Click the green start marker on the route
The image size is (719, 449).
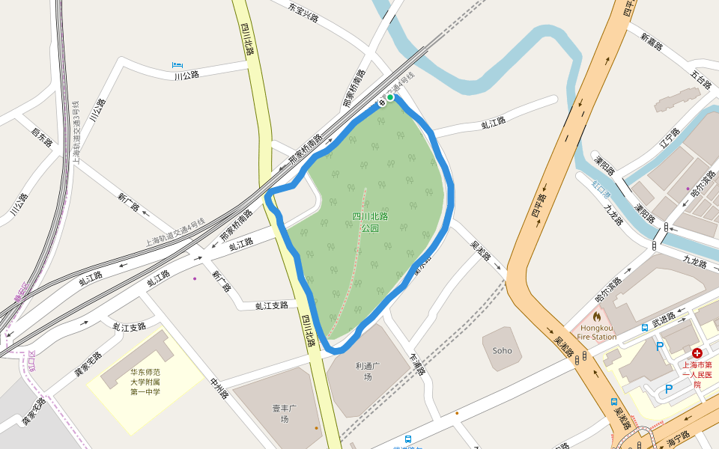(390, 97)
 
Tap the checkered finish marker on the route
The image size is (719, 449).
(382, 102)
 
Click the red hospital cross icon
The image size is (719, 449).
(697, 352)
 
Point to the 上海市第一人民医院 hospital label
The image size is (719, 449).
(697, 374)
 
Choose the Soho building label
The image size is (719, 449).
(502, 350)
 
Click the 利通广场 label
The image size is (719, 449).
(368, 371)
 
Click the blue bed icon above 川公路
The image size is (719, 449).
(177, 66)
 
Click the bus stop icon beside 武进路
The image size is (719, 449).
(645, 328)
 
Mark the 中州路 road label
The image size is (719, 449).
(219, 388)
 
